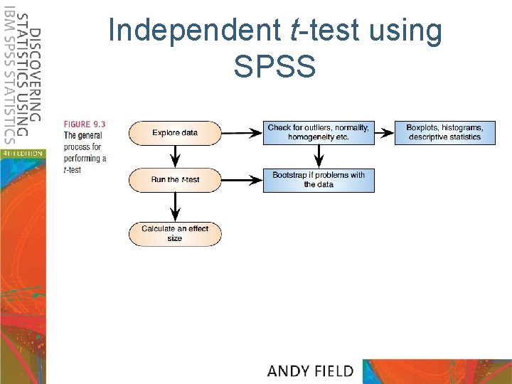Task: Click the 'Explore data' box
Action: pos(175,132)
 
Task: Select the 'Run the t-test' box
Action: pos(175,180)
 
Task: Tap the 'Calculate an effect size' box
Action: pos(175,233)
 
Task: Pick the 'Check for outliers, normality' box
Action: pos(319,132)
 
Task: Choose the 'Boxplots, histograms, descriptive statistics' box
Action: pos(444,132)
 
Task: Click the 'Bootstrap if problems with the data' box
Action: pos(319,180)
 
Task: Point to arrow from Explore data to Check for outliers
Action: pos(242,132)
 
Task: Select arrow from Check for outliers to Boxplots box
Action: pos(384,132)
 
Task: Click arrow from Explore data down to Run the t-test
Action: pos(175,156)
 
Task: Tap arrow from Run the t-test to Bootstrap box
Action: pos(242,180)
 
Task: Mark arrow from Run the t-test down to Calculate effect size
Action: pos(175,206)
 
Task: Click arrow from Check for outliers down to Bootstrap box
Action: pos(319,156)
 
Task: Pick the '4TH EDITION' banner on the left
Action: pos(22,153)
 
